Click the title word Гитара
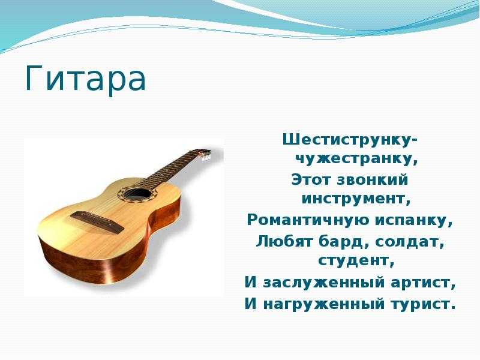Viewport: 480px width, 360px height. click(x=85, y=78)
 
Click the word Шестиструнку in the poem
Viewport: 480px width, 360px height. click(x=347, y=140)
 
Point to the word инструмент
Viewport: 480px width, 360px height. click(x=353, y=199)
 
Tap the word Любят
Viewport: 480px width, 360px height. click(x=284, y=242)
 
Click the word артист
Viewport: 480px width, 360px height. click(x=419, y=283)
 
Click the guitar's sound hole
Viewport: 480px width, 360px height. click(x=137, y=194)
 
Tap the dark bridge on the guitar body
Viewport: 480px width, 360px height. click(x=97, y=221)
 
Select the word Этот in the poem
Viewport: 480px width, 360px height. click(x=311, y=179)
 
